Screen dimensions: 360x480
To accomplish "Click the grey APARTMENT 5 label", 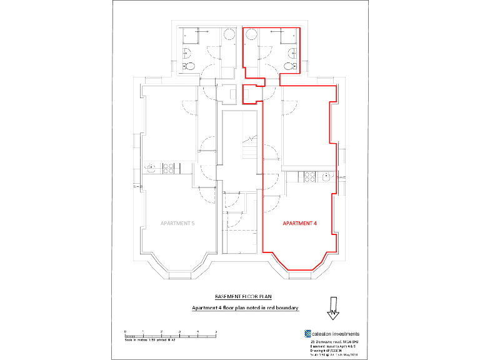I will tap(177, 222).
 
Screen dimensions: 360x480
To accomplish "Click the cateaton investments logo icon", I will tap(308, 334).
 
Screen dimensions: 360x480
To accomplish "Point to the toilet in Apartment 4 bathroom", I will tap(289, 65).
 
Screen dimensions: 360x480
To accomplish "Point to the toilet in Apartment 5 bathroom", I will tap(190, 65).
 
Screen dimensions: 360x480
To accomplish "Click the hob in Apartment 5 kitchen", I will tap(167, 167).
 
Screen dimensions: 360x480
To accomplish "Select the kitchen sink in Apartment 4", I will tap(326, 177).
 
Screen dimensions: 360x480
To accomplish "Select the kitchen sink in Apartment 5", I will tap(150, 167).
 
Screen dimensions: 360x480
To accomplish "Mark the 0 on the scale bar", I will tap(125, 331).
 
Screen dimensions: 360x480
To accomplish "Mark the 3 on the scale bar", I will tap(180, 331).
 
